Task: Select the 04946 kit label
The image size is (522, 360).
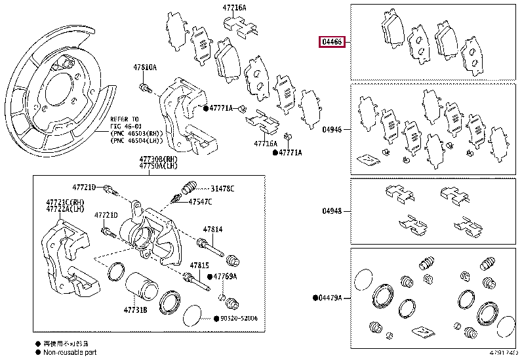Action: click(332, 130)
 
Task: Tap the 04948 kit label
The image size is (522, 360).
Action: click(332, 211)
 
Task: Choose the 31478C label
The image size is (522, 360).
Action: click(222, 189)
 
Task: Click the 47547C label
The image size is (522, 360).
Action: click(201, 202)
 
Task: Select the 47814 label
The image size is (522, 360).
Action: click(212, 230)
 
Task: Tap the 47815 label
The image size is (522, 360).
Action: click(199, 264)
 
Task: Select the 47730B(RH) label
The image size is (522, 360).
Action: click(158, 160)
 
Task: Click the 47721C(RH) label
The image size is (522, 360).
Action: click(65, 202)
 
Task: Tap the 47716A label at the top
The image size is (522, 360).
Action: click(234, 9)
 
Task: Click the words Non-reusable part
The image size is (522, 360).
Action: click(70, 352)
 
